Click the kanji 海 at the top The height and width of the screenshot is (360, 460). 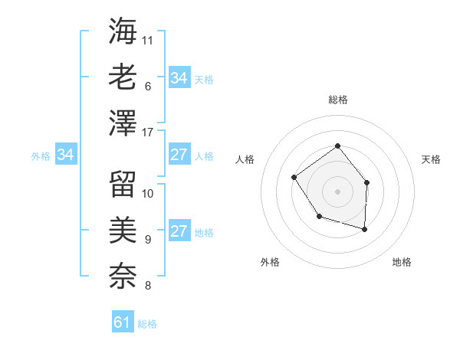point(123,31)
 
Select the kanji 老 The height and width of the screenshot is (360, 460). point(123,77)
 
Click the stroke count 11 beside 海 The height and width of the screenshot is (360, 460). point(148,39)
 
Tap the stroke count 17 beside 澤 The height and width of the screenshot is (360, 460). point(148,133)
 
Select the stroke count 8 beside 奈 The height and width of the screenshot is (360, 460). point(147,286)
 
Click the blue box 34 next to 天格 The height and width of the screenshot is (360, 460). point(179,78)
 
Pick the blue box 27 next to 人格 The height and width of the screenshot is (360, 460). point(179,155)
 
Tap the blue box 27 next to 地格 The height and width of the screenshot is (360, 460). point(179,232)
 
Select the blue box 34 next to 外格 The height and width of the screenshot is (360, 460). point(66,155)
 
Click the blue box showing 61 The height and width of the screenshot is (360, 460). point(123,322)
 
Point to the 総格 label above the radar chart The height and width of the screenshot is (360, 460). point(337,100)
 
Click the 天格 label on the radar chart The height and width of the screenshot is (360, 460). point(431,159)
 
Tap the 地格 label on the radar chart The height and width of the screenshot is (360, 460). point(402,263)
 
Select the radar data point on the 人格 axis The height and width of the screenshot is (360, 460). point(294,178)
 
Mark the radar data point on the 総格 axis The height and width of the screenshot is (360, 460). point(337,146)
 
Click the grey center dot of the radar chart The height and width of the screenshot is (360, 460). point(337,191)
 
